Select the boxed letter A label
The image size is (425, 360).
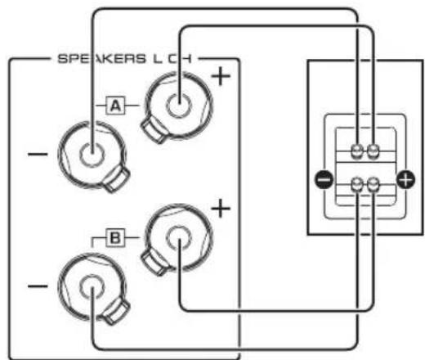pos(115,106)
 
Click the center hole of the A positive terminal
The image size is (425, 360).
pos(177,106)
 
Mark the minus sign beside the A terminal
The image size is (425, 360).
pos(37,153)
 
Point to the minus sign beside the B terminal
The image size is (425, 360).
pos(37,288)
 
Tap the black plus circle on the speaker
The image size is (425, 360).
pos(402,178)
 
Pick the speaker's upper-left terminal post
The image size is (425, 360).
pos(357,151)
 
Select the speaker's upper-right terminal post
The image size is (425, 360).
pos(373,151)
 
